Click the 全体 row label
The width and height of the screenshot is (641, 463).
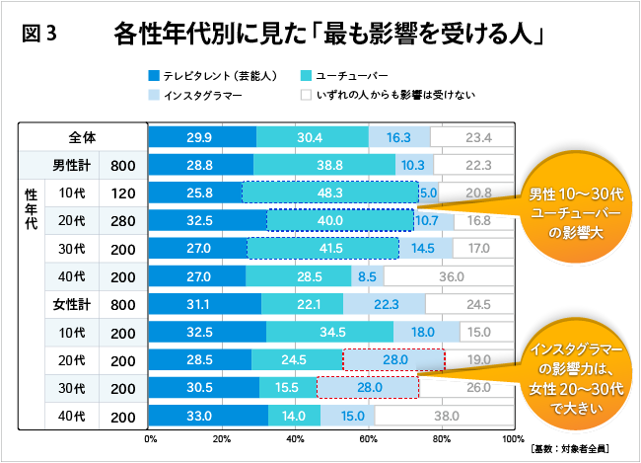(x=83, y=137)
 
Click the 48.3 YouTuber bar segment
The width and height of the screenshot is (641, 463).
(x=329, y=193)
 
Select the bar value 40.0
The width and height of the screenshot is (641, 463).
(x=340, y=220)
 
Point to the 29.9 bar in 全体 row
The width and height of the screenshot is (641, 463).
(x=201, y=137)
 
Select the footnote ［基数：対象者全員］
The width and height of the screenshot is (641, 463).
(x=569, y=449)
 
